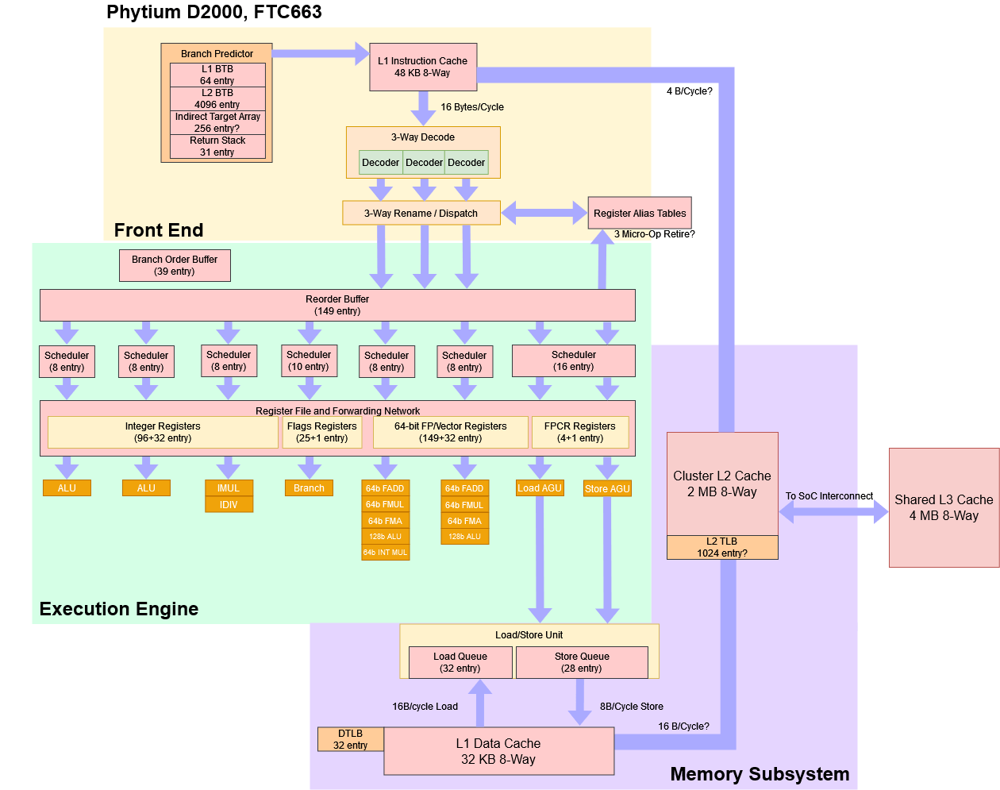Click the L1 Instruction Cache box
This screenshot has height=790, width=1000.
tap(423, 67)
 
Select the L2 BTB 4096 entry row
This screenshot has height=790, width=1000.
tap(217, 98)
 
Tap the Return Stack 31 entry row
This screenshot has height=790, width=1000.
tap(217, 146)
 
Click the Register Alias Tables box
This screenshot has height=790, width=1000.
tap(640, 213)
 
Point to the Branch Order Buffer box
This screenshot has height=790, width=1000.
tap(175, 265)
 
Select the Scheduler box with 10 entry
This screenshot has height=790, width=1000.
tap(309, 360)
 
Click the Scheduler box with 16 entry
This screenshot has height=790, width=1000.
tap(573, 360)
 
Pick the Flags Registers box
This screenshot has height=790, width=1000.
tap(321, 432)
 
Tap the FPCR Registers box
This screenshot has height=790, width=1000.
tap(580, 432)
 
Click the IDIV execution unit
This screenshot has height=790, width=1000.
tap(229, 504)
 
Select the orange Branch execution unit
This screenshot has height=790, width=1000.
tap(309, 487)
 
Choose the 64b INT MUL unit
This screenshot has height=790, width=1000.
tap(385, 553)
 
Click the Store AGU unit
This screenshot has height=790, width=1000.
tap(607, 488)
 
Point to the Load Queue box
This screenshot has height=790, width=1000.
tap(460, 662)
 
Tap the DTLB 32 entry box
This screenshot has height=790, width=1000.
tap(350, 739)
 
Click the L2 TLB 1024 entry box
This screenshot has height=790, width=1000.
tap(722, 547)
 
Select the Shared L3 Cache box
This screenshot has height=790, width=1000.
tap(944, 507)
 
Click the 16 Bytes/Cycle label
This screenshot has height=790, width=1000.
tap(472, 107)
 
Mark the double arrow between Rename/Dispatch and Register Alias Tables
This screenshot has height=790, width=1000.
tap(544, 213)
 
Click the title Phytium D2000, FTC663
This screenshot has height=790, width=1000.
tap(214, 12)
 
